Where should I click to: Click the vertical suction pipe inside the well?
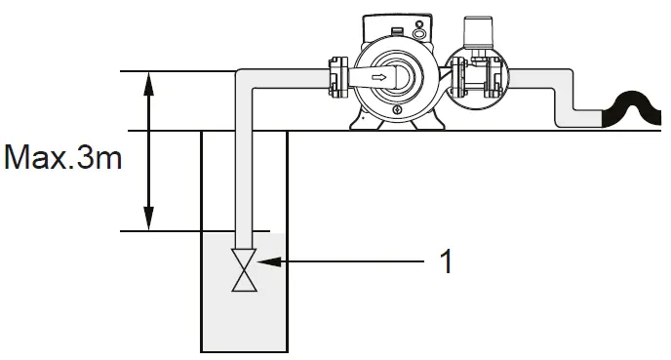(245, 176)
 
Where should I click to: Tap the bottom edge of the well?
(245, 350)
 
